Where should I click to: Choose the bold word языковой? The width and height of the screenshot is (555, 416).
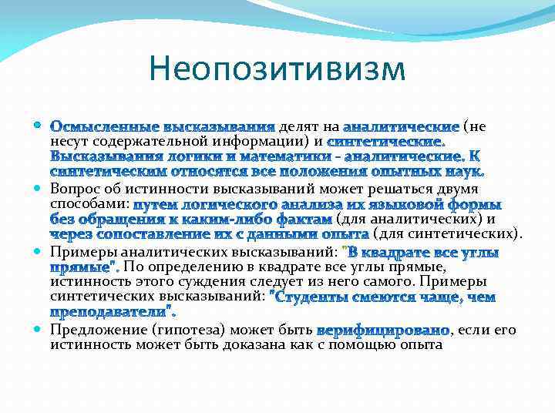click(x=423, y=205)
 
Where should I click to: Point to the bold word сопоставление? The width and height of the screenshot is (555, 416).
click(x=146, y=234)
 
